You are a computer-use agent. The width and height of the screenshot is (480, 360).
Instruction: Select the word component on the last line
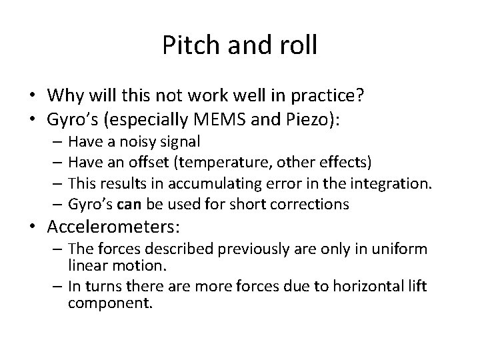click(x=110, y=303)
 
